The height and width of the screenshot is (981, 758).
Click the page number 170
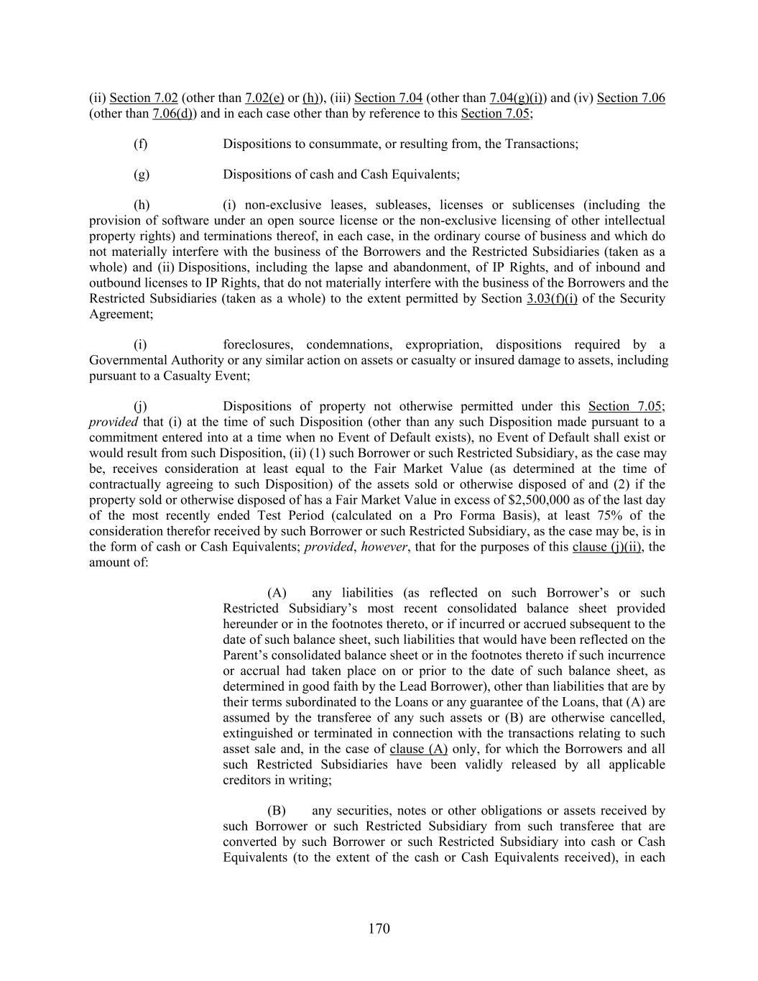pos(379,929)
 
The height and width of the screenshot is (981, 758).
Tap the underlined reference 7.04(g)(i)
pos(516,98)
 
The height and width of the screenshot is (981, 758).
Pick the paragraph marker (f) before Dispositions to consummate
pos(141,144)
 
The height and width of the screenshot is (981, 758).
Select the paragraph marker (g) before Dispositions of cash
pos(142,174)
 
